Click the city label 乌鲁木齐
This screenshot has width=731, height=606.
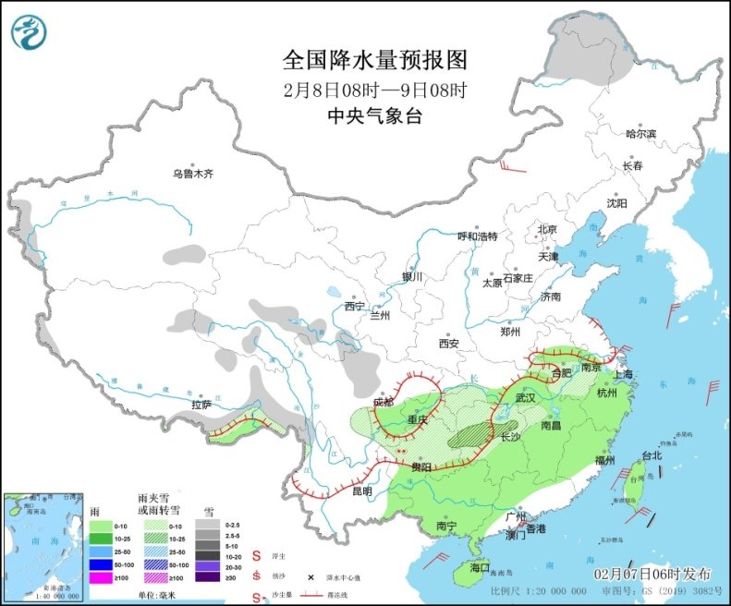(192, 174)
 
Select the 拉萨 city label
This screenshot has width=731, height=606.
(202, 405)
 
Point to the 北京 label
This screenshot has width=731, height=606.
(547, 229)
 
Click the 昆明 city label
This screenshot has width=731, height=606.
(362, 492)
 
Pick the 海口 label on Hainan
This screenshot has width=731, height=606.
(479, 566)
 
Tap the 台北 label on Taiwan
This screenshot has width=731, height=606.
(652, 455)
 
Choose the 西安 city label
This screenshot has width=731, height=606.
(449, 343)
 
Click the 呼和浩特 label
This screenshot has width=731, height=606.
(478, 236)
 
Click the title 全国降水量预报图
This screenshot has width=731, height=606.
(374, 60)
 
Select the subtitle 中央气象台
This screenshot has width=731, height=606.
(374, 116)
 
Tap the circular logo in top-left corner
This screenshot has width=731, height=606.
(29, 33)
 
